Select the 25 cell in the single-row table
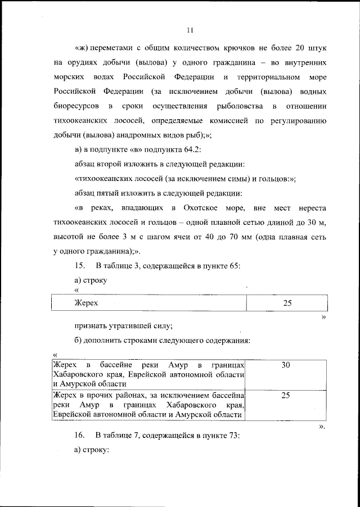(x=287, y=303)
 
